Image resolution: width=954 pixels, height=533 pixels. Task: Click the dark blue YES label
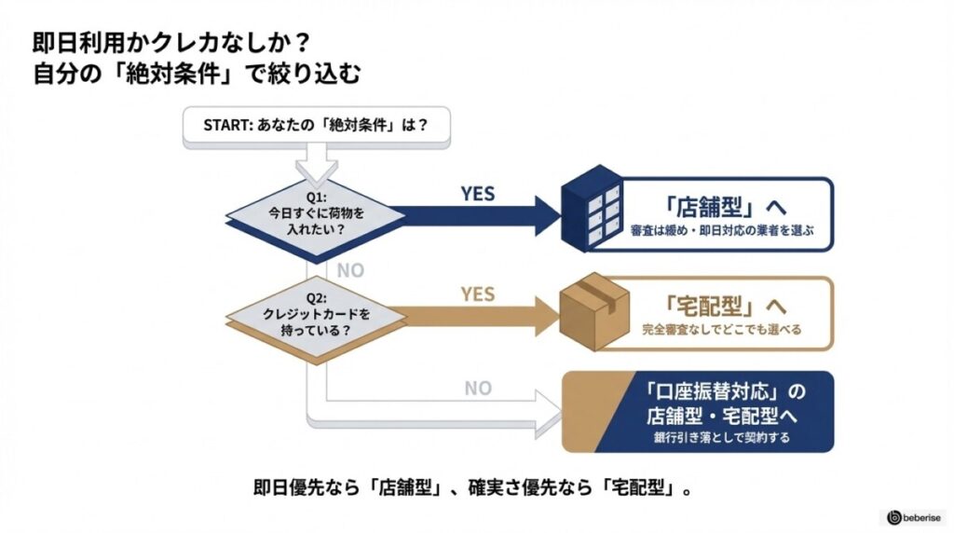(478, 194)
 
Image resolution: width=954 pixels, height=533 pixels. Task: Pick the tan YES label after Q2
(478, 294)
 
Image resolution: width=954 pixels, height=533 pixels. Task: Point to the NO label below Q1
(349, 270)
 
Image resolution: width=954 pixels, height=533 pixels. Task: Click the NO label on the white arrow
(478, 388)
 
